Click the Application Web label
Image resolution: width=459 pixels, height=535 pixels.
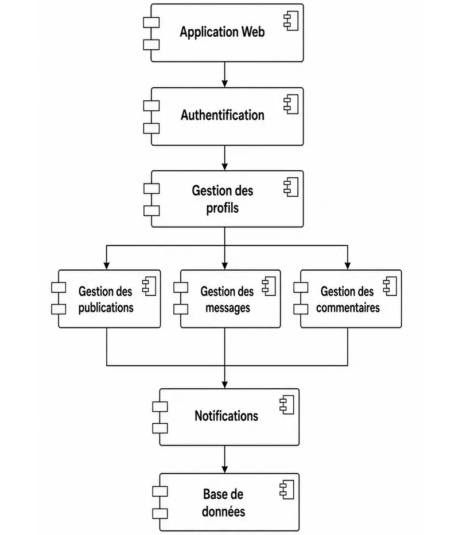coord(223,32)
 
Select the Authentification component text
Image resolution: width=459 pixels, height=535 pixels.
coord(223,115)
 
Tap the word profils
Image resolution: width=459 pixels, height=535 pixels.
coord(223,208)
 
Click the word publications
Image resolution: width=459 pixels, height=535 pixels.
coord(106,308)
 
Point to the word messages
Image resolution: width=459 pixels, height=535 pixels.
coord(228,308)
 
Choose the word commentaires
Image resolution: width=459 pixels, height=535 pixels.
coord(348,308)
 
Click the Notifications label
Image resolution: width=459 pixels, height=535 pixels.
coord(227,416)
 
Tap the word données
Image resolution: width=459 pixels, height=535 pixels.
coord(223,511)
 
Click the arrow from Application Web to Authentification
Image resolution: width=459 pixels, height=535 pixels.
coord(225,75)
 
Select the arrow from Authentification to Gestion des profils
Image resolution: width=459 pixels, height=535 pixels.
coord(225,158)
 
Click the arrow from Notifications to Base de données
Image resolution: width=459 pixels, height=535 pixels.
coord(225,459)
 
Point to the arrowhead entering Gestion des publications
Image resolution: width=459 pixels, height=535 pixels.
coord(107,266)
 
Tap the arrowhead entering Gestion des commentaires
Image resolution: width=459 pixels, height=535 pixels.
coord(348,266)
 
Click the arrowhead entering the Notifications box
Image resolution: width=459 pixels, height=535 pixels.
coord(225,385)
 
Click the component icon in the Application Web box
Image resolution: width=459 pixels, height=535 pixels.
coord(291,21)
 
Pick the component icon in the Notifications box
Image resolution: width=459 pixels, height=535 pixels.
coord(287,405)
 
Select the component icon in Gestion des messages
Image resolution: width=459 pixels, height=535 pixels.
coord(269,286)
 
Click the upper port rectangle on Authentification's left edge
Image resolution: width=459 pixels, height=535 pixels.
coord(151,106)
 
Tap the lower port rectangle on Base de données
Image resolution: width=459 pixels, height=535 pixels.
coord(160,514)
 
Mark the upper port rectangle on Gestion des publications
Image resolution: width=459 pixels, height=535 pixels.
coord(59,288)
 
